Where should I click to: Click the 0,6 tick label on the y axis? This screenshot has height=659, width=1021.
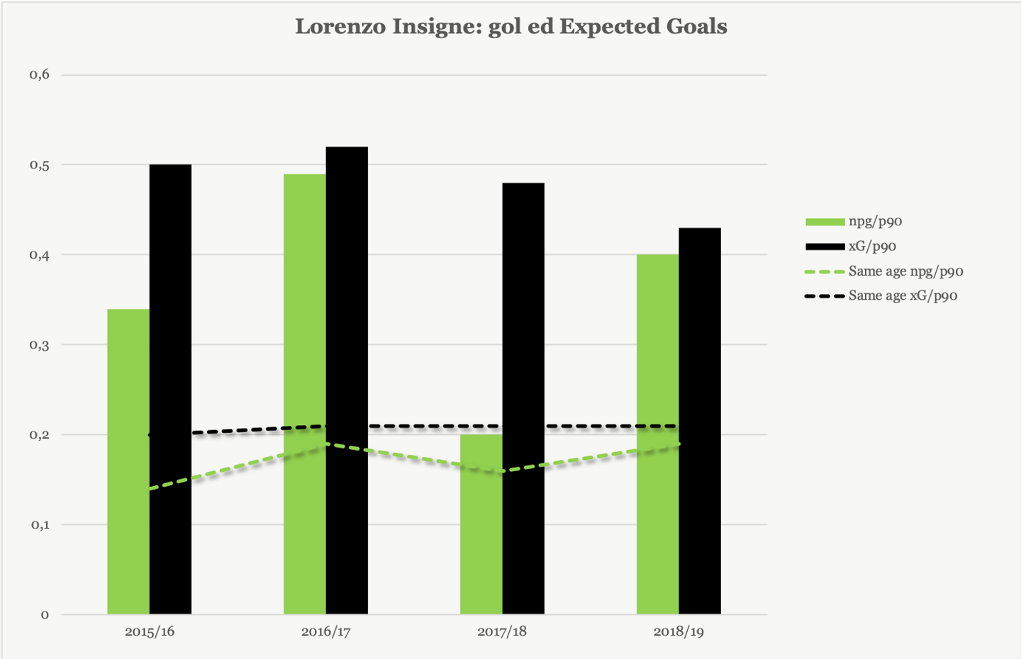point(40,74)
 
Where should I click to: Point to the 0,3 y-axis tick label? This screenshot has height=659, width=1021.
point(40,345)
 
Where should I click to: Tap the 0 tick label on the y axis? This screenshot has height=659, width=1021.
point(45,615)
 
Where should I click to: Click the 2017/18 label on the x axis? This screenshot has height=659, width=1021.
point(502,631)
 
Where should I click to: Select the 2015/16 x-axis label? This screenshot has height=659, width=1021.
point(150,631)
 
